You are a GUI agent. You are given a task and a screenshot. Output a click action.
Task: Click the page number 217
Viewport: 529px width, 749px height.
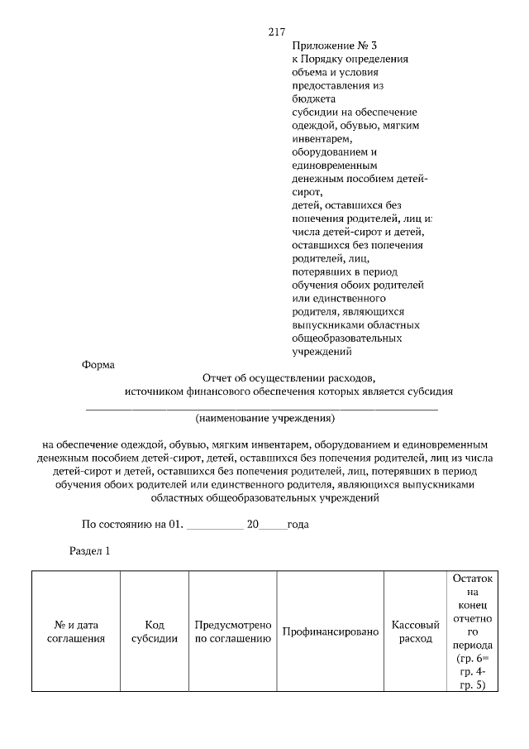(276, 32)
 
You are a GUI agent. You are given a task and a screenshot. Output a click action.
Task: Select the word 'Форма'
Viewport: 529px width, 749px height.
(98, 364)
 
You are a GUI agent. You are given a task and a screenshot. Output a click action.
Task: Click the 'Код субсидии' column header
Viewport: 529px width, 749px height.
(155, 631)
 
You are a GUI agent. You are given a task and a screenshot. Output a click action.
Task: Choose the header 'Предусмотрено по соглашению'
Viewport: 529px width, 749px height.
(233, 631)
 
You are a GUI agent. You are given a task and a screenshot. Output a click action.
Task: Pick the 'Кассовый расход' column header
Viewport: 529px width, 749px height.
(415, 631)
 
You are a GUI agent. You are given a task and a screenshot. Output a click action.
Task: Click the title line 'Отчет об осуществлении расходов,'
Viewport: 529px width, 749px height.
(288, 377)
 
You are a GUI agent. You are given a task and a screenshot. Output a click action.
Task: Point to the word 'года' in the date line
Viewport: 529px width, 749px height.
(298, 524)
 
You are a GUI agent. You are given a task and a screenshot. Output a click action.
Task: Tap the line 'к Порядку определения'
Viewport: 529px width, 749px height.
(350, 60)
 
